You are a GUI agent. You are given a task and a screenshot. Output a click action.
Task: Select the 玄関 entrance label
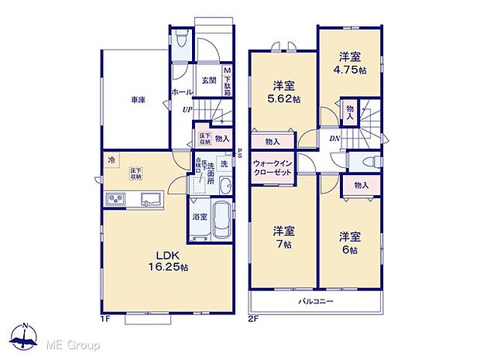(x=209, y=80)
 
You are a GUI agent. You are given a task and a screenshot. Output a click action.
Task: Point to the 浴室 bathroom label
(x=200, y=217)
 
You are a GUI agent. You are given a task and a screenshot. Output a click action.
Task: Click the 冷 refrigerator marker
(x=111, y=160)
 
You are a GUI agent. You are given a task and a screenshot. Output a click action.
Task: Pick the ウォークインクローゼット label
(x=272, y=169)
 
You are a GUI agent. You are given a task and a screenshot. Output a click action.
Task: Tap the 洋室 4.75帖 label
(x=350, y=63)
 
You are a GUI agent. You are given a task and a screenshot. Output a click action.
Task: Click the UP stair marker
(x=187, y=109)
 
